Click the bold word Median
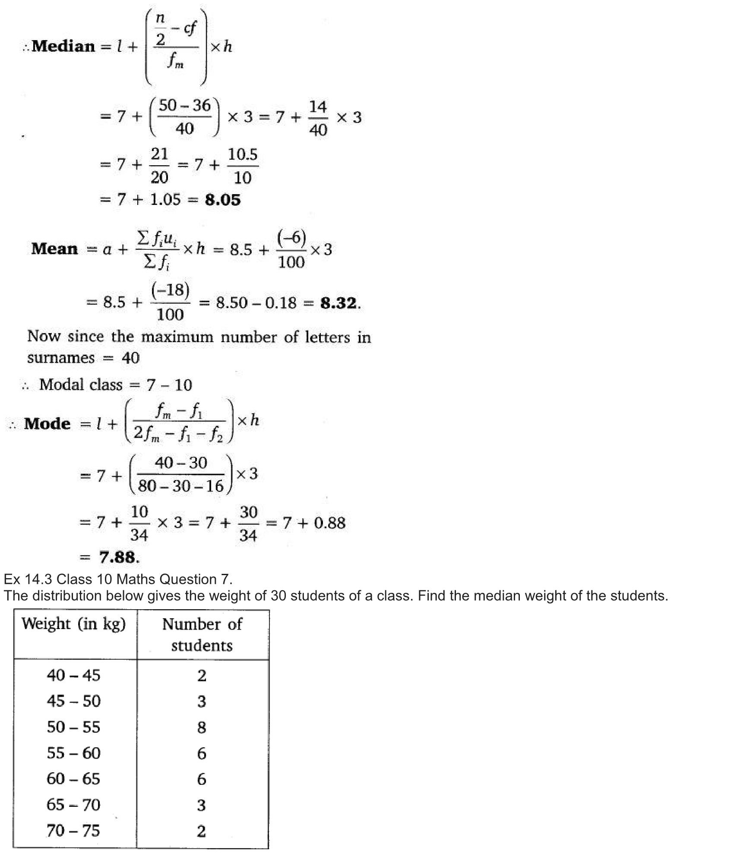pyautogui.click(x=63, y=46)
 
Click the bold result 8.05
pyautogui.click(x=223, y=200)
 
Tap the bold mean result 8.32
pyautogui.click(x=339, y=303)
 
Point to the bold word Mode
pyautogui.click(x=47, y=424)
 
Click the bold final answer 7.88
pyautogui.click(x=117, y=557)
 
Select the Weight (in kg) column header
pyautogui.click(x=74, y=624)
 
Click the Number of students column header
pyautogui.click(x=202, y=634)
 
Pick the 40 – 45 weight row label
pyautogui.click(x=73, y=675)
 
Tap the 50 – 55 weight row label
pyautogui.click(x=73, y=727)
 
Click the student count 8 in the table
pyautogui.click(x=202, y=727)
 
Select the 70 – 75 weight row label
pyautogui.click(x=73, y=831)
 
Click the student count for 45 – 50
pyautogui.click(x=202, y=702)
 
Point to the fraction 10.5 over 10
pyautogui.click(x=243, y=166)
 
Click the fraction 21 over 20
pyautogui.click(x=159, y=166)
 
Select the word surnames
pyautogui.click(x=61, y=358)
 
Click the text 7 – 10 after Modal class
pyautogui.click(x=169, y=385)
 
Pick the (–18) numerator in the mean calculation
pyautogui.click(x=171, y=290)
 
